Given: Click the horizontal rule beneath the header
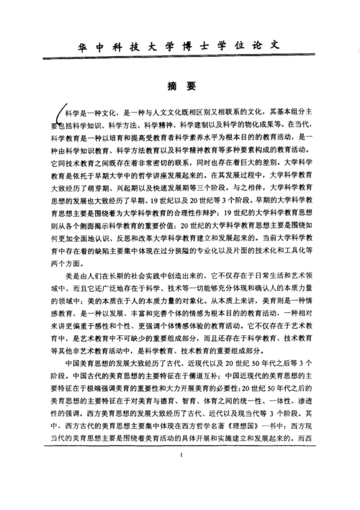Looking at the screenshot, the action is pos(180,60).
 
